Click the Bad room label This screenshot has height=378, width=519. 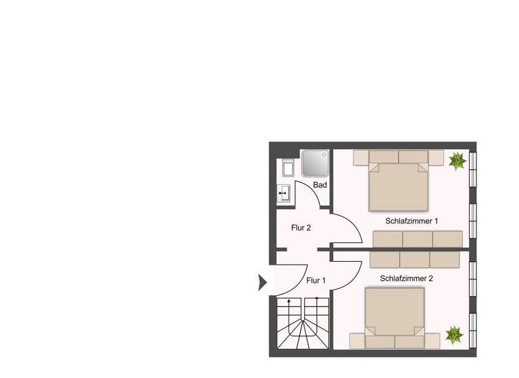coord(320,185)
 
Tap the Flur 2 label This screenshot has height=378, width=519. coord(301,228)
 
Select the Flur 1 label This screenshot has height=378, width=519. coord(316,280)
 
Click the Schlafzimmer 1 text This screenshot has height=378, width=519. coord(412,221)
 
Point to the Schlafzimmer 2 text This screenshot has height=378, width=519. coord(407,278)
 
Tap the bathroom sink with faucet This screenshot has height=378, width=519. coord(285,193)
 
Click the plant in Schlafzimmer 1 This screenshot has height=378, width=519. coord(457,161)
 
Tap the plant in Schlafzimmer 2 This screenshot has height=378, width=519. coord(454,334)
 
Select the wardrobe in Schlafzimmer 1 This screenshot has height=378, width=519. coord(418,239)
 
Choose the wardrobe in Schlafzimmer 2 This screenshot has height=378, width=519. coord(414,260)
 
